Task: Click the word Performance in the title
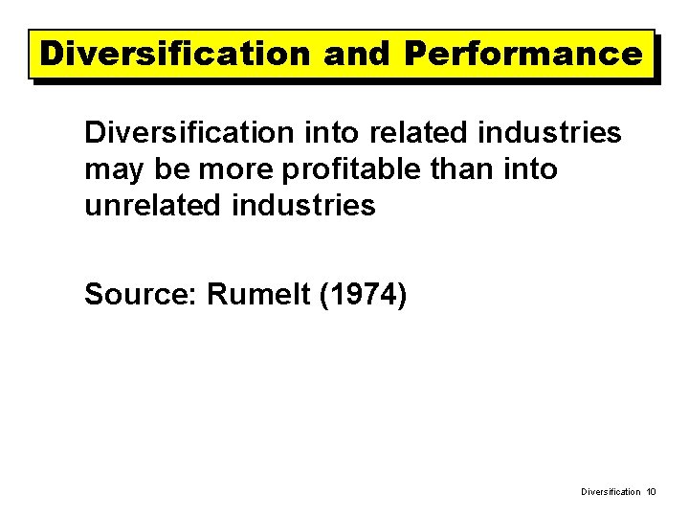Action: (522, 54)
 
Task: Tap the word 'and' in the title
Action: (357, 54)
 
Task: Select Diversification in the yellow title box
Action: (176, 54)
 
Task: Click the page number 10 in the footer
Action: (651, 492)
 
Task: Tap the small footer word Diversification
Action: (611, 492)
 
